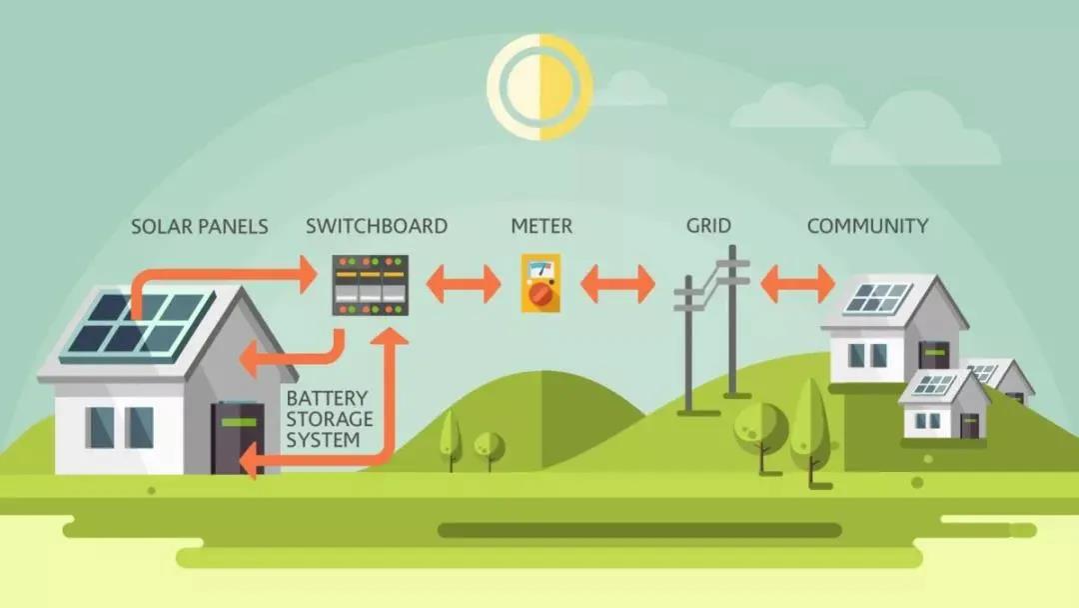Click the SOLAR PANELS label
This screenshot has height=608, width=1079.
[200, 227]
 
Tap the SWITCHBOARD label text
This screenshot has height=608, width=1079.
[377, 226]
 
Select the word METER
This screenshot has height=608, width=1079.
[541, 226]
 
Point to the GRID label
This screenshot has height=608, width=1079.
[708, 225]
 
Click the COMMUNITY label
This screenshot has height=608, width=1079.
[868, 226]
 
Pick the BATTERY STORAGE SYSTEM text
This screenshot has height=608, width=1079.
[329, 419]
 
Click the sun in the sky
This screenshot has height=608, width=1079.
[539, 87]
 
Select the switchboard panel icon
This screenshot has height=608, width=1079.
[371, 285]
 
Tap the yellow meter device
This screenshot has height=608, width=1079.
[540, 283]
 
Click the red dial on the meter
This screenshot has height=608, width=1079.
[540, 295]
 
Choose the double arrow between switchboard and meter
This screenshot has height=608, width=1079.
[464, 284]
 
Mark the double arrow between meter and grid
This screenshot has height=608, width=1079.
[617, 284]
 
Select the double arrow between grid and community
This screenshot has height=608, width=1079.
[797, 284]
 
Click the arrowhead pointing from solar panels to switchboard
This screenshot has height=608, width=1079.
[307, 275]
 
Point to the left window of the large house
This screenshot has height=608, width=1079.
[101, 427]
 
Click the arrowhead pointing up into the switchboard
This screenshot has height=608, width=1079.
[394, 336]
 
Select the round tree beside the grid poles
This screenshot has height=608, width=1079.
[760, 427]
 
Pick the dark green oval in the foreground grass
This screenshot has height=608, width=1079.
[640, 530]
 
